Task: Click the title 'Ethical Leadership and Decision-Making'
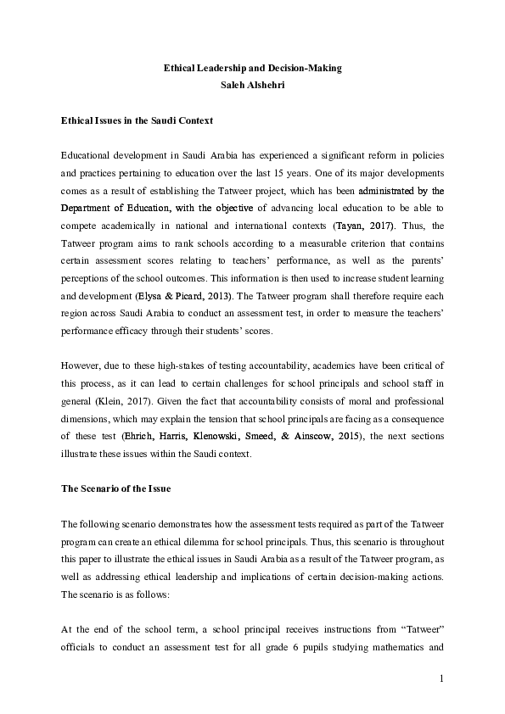tap(252, 67)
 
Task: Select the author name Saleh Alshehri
tap(252, 85)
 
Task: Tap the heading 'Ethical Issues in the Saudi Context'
tap(137, 121)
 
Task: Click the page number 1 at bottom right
tap(442, 678)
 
